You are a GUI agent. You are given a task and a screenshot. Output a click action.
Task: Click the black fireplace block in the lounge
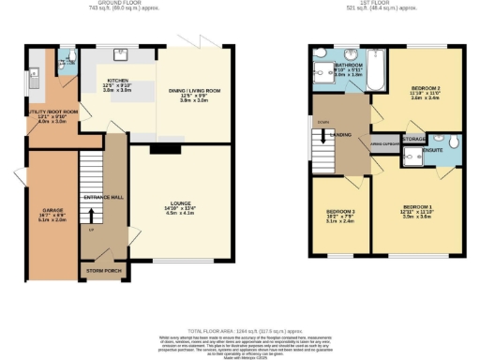coord(166,147)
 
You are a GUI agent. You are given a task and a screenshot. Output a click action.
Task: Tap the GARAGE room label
coord(53,209)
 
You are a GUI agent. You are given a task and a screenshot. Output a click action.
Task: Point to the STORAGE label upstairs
coord(414,139)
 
